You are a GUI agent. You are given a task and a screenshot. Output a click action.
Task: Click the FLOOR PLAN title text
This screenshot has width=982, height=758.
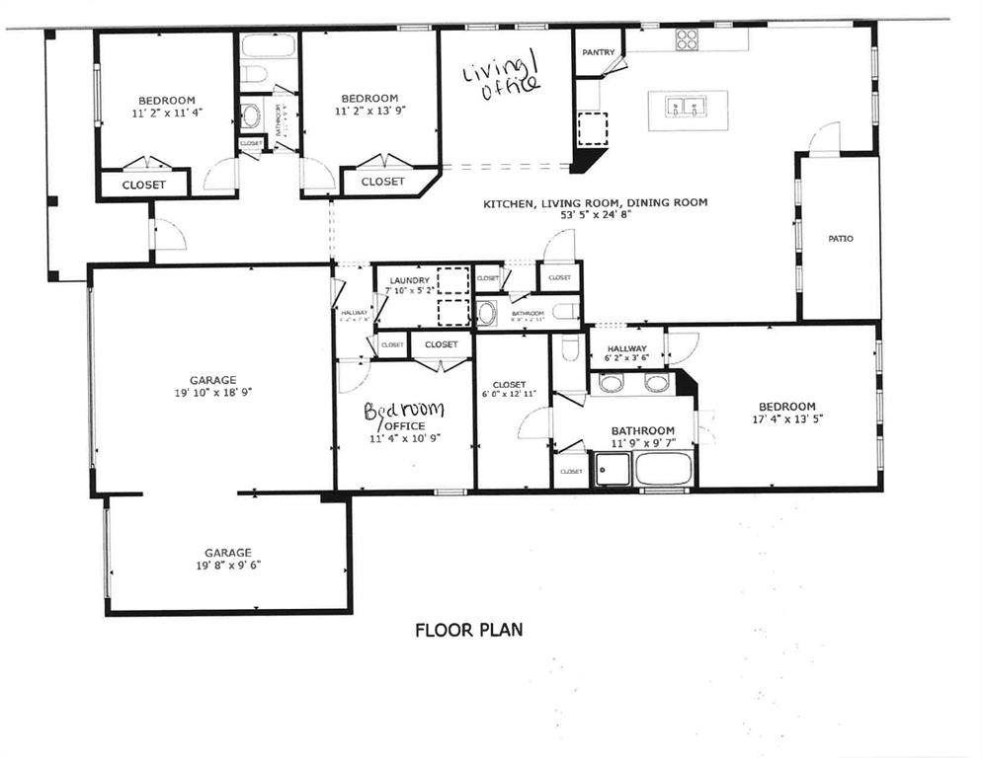(468, 629)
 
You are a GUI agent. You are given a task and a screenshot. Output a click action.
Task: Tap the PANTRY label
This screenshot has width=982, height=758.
(599, 52)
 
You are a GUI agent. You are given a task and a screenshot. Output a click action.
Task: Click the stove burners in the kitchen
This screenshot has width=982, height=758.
(686, 39)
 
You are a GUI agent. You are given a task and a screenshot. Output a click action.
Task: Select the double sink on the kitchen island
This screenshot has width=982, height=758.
(687, 105)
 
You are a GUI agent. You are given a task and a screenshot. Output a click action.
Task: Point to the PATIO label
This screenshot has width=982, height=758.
(840, 238)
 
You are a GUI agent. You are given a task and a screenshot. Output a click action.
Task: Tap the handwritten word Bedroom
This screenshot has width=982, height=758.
(404, 411)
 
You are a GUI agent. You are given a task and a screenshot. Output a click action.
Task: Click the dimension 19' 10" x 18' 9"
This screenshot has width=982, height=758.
(212, 392)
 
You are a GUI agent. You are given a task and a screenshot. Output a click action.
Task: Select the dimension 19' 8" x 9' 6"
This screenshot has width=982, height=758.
(227, 566)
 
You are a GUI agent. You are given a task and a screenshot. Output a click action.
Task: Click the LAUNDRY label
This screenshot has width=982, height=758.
(409, 280)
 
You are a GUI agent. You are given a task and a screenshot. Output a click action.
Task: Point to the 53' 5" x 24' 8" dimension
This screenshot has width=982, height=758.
(595, 215)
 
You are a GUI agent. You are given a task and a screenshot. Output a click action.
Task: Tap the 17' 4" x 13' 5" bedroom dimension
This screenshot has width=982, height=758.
(786, 418)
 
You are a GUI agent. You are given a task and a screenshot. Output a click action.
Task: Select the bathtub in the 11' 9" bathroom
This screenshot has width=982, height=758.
(663, 468)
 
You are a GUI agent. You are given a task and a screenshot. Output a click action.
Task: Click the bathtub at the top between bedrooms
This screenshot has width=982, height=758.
(268, 46)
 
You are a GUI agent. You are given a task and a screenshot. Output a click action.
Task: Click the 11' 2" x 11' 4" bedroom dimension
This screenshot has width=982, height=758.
(166, 112)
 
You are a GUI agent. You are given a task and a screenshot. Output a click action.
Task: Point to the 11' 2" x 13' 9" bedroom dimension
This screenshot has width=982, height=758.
(369, 111)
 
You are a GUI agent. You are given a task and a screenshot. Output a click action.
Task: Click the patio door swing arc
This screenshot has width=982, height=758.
(824, 138)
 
